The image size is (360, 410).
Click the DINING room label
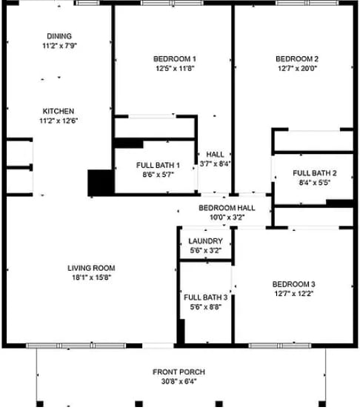point(60,36)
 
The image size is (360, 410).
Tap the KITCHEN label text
point(58,111)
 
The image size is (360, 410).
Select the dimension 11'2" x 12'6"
point(58,121)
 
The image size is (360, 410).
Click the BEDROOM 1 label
point(175,58)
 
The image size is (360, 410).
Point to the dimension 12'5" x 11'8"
point(175,69)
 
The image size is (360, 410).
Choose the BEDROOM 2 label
point(297,59)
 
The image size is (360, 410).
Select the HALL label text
point(215,155)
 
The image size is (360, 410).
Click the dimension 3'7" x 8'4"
point(215,164)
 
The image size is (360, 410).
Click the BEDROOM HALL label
point(227,208)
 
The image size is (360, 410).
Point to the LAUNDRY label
point(206,241)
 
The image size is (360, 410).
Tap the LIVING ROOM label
point(91,268)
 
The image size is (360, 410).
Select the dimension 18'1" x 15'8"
point(91,278)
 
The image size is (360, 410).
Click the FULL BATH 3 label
point(206,297)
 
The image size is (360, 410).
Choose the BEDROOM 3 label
point(293,284)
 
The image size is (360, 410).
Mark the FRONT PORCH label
point(179,372)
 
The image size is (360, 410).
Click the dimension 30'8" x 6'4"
point(179,382)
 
